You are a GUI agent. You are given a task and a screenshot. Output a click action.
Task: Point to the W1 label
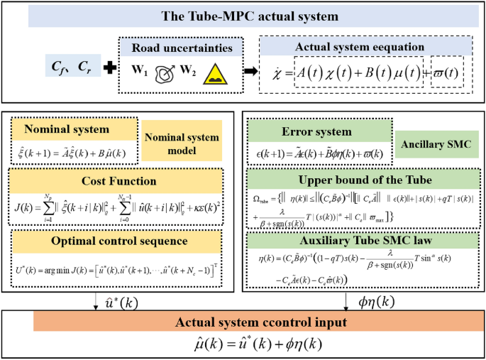click(x=139, y=72)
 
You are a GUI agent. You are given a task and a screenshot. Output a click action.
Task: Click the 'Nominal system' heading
click(x=67, y=130)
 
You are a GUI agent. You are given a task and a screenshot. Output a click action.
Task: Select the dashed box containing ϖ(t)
click(x=446, y=75)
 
